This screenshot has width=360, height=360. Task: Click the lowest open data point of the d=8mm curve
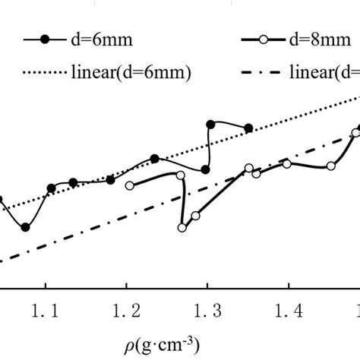coord(183,227)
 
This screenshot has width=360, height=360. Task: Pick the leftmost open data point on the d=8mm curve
coord(129,185)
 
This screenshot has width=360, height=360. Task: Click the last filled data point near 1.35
coord(248,129)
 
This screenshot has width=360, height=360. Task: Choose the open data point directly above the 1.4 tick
coord(287,164)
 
